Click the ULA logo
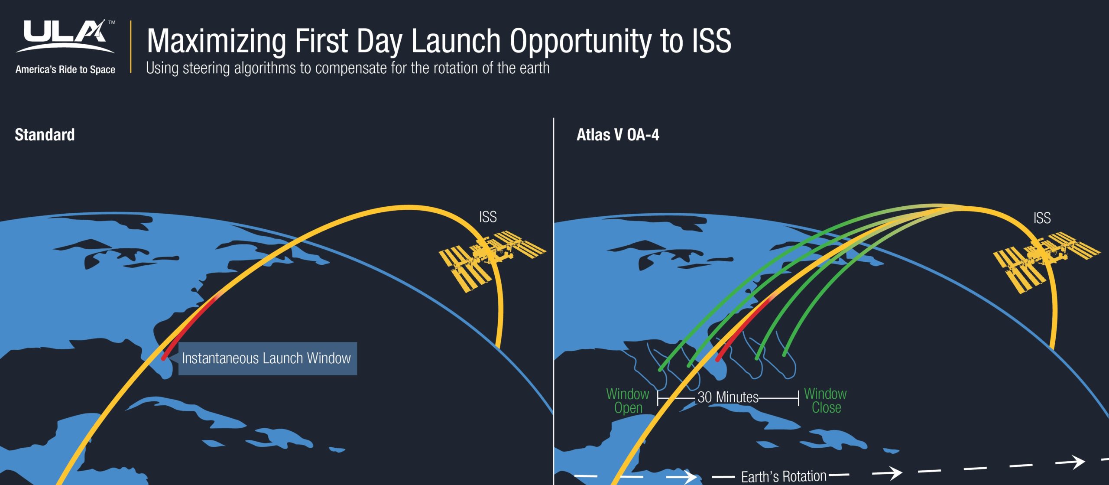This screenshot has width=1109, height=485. click(65, 36)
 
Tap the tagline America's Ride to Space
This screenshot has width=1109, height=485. click(65, 69)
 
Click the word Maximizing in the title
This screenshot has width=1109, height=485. click(216, 42)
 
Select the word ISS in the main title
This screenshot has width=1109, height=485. click(711, 41)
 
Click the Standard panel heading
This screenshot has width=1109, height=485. click(45, 135)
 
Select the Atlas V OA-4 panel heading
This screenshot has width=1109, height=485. click(618, 135)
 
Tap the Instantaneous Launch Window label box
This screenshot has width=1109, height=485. click(268, 358)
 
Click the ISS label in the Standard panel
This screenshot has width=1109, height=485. click(488, 217)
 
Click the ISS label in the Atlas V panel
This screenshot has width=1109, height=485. click(1042, 218)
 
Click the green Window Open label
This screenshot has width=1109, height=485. click(628, 400)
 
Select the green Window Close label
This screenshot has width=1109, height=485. click(826, 400)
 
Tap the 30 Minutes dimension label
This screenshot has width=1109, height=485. click(728, 397)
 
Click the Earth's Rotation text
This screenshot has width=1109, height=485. click(784, 476)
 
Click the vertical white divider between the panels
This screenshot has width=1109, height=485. click(554, 301)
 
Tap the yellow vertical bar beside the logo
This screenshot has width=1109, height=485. click(131, 47)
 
